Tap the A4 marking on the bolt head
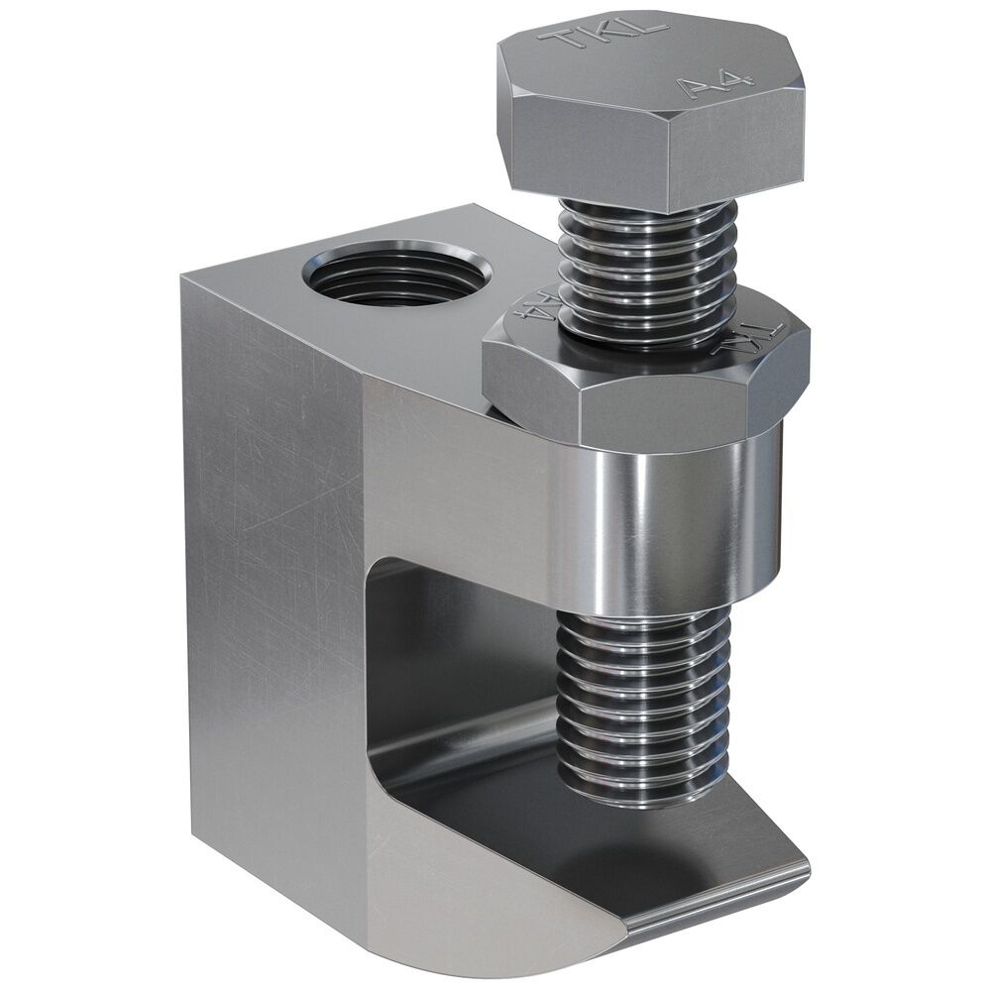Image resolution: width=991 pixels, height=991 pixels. coord(706,87)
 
